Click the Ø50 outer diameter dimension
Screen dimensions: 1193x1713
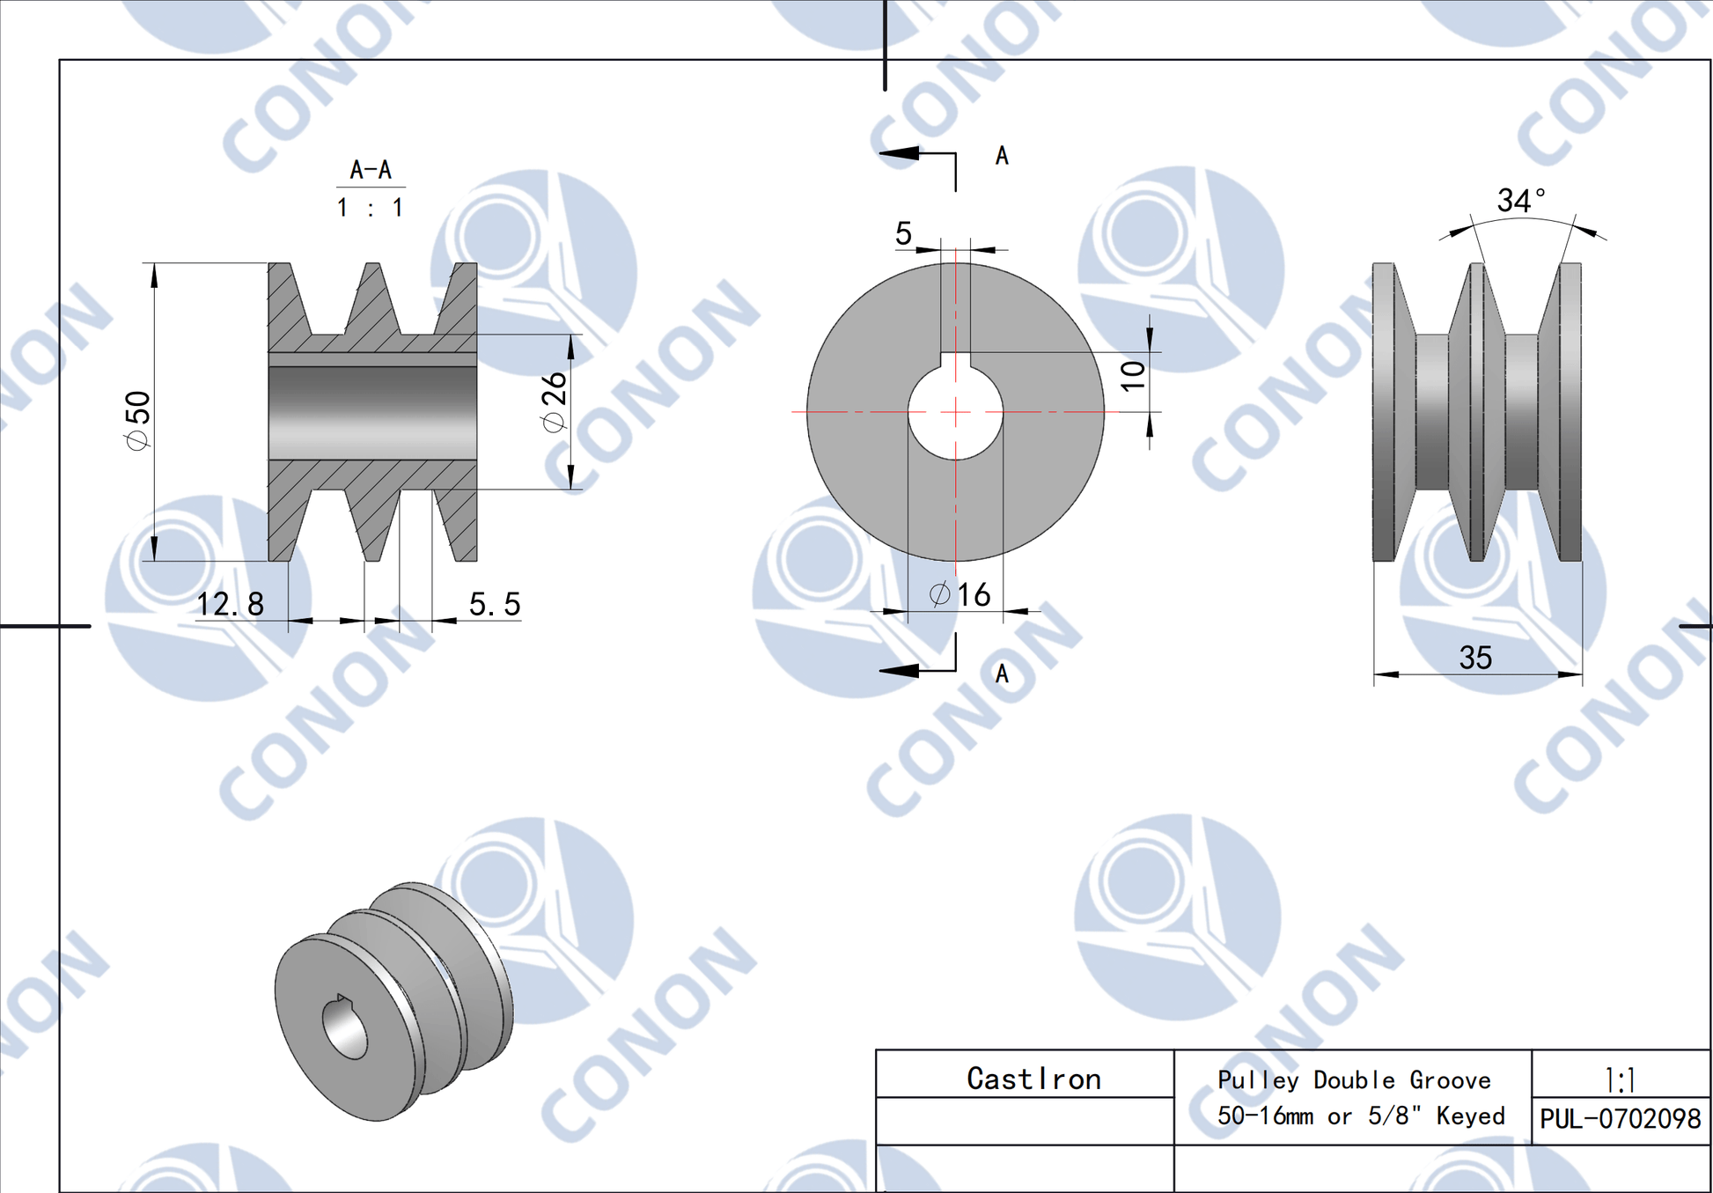click(138, 420)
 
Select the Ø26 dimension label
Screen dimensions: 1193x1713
click(554, 401)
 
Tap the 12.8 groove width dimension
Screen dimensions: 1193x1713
click(230, 604)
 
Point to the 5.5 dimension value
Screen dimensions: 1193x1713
click(495, 604)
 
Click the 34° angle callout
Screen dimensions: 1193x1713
click(1520, 201)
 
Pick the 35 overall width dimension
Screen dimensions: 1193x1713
click(1475, 658)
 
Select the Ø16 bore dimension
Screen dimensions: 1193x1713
click(960, 595)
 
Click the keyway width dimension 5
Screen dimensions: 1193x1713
click(903, 233)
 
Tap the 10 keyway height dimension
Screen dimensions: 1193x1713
click(1134, 375)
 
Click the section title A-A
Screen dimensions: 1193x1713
click(371, 169)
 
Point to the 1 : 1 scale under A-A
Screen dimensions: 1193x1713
click(371, 208)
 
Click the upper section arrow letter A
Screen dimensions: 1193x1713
click(1002, 156)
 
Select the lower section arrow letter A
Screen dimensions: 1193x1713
click(1002, 674)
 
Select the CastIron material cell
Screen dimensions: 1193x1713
click(1033, 1079)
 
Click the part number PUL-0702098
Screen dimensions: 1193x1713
click(1620, 1118)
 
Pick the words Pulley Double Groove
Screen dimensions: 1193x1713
click(1354, 1079)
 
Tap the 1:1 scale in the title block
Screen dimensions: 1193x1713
click(1620, 1079)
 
